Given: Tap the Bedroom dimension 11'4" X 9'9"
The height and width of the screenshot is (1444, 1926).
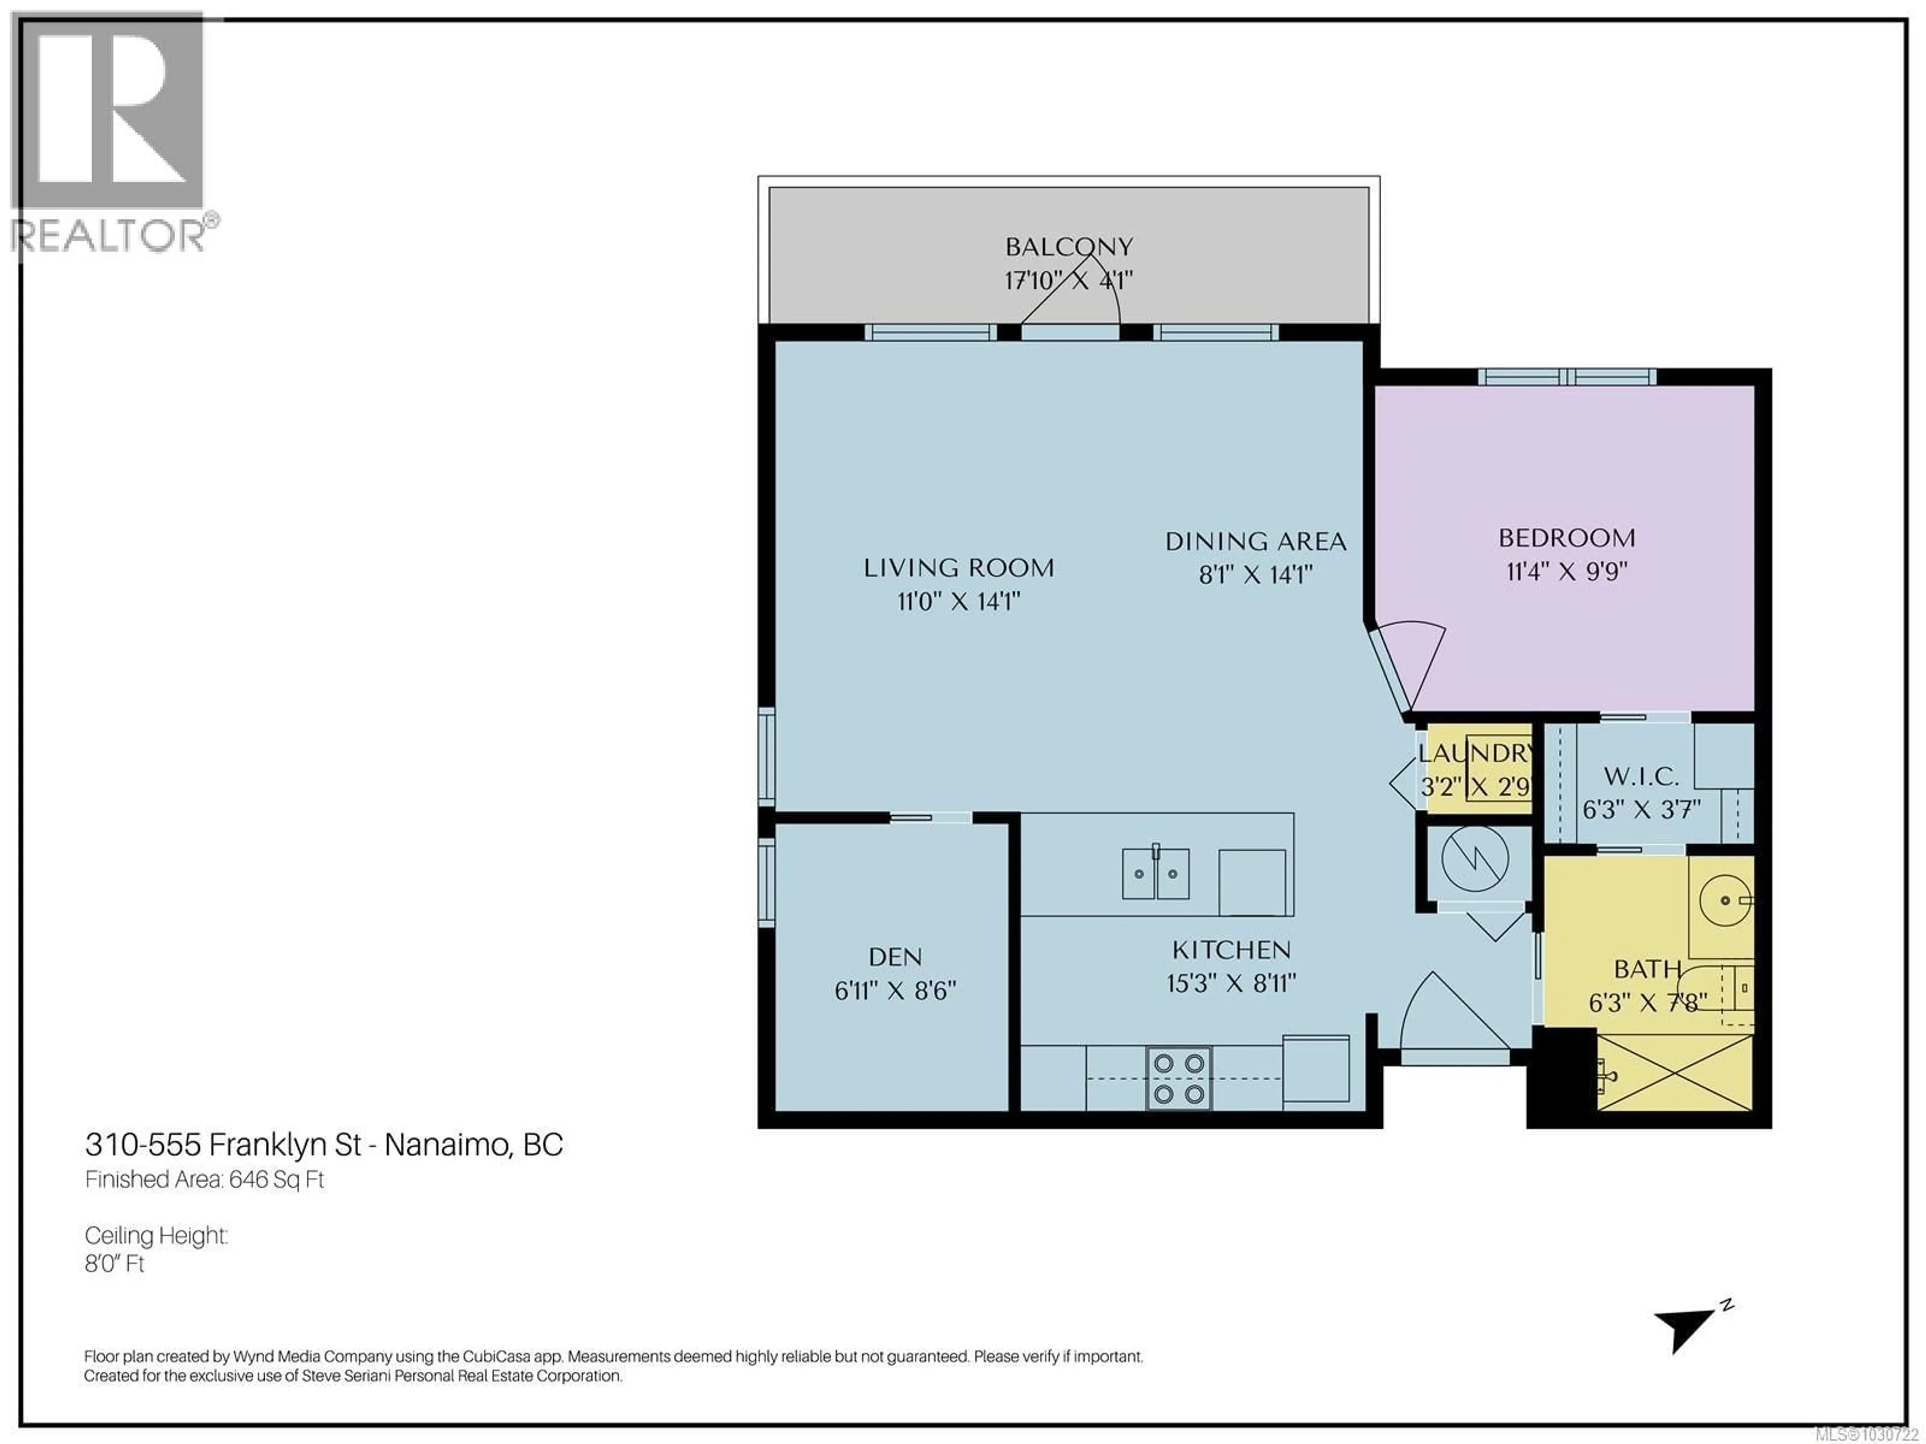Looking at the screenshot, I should [1566, 572].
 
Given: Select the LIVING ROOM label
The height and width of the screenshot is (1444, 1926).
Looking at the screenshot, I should [958, 569].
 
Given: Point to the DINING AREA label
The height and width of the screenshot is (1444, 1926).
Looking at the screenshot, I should [1255, 541].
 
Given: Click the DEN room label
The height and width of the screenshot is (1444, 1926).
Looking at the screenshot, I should [895, 958].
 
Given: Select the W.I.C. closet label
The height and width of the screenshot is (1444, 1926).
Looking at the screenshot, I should [1641, 776].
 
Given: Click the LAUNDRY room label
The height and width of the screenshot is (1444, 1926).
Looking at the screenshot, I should [1475, 753].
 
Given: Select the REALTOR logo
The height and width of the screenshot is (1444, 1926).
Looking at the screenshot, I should [109, 130].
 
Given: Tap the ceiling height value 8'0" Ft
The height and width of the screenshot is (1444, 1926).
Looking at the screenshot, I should [114, 1264].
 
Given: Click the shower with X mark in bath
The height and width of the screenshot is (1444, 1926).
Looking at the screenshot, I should [1674, 1072].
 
